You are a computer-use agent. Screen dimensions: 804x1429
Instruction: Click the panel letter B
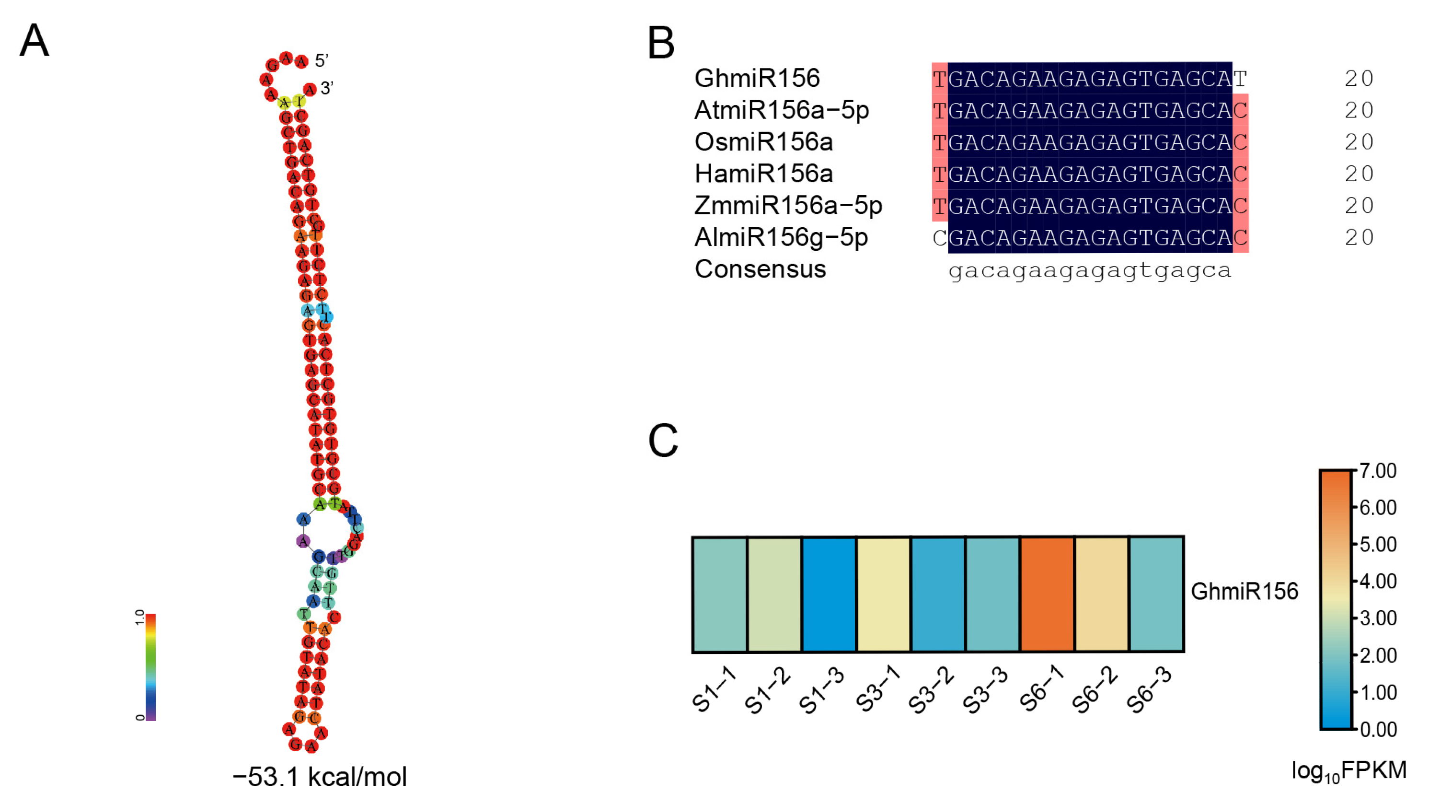coord(661,43)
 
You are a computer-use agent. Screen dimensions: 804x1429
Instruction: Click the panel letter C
coord(663,440)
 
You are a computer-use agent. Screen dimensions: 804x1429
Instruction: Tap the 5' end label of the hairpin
coord(322,60)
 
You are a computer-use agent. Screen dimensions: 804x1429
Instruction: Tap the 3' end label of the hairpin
coord(327,88)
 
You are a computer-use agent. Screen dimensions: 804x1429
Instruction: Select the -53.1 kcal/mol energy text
coord(320,777)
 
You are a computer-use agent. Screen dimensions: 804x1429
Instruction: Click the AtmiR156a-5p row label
coord(782,110)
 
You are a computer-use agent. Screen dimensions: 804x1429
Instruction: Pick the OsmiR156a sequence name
coord(763,142)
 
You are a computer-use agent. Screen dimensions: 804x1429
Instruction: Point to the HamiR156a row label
coord(763,174)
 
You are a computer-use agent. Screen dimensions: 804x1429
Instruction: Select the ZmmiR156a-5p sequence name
coord(788,205)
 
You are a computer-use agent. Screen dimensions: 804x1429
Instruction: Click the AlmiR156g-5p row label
coord(781,237)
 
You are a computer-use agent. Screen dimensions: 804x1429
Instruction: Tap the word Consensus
coord(760,269)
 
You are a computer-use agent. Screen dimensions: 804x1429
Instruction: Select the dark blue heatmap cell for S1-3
coord(829,594)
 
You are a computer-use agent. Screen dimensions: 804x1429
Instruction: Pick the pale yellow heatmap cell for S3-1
coord(883,594)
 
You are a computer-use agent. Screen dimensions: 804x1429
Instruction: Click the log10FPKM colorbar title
coord(1348,771)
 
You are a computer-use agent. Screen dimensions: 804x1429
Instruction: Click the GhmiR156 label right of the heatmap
coord(1245,592)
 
